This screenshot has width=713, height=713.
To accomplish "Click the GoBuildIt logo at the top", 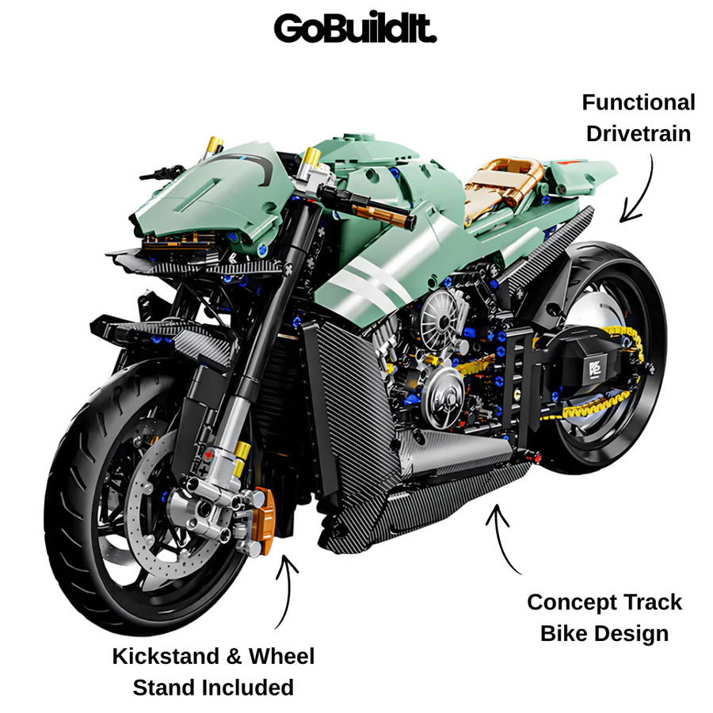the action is click(355, 29).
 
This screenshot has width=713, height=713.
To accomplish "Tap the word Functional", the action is click(639, 102).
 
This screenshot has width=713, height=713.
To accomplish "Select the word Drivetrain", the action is click(639, 134).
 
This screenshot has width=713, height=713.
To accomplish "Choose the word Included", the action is click(248, 688).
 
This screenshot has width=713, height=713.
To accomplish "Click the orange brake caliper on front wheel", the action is click(264, 521).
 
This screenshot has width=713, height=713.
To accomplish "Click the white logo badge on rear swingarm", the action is click(595, 369).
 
